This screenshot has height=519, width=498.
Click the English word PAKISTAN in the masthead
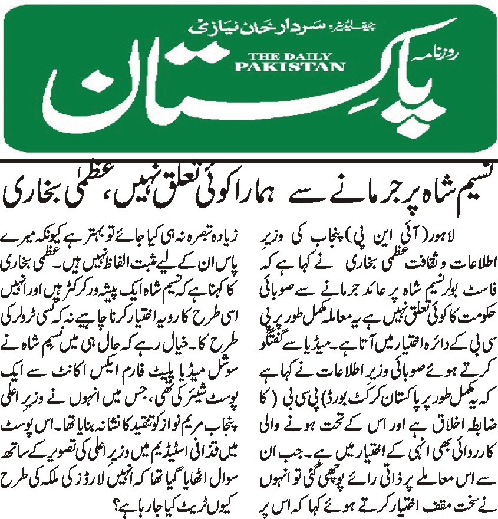point(289,67)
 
